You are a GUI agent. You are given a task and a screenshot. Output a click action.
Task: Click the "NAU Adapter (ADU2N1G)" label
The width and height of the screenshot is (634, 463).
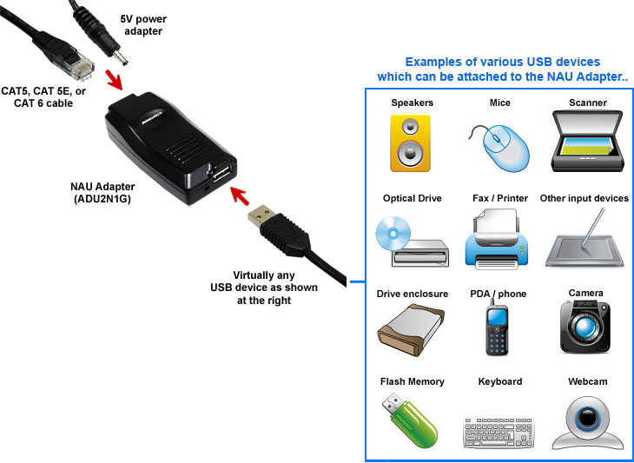[x=108, y=193]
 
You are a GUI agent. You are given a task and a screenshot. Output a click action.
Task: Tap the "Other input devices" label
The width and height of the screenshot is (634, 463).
[x=584, y=199]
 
